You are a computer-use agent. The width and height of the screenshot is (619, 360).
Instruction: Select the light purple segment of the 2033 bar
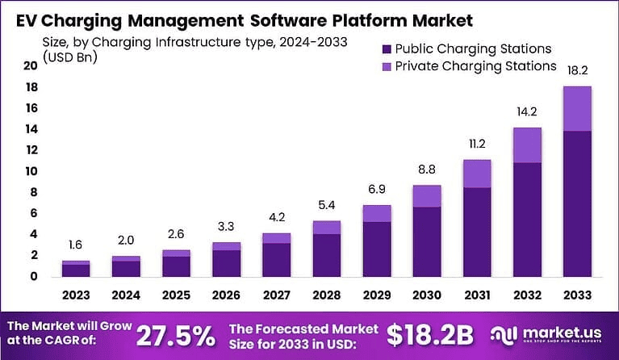pos(577,108)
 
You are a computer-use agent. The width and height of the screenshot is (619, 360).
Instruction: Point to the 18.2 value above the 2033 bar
pos(577,71)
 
